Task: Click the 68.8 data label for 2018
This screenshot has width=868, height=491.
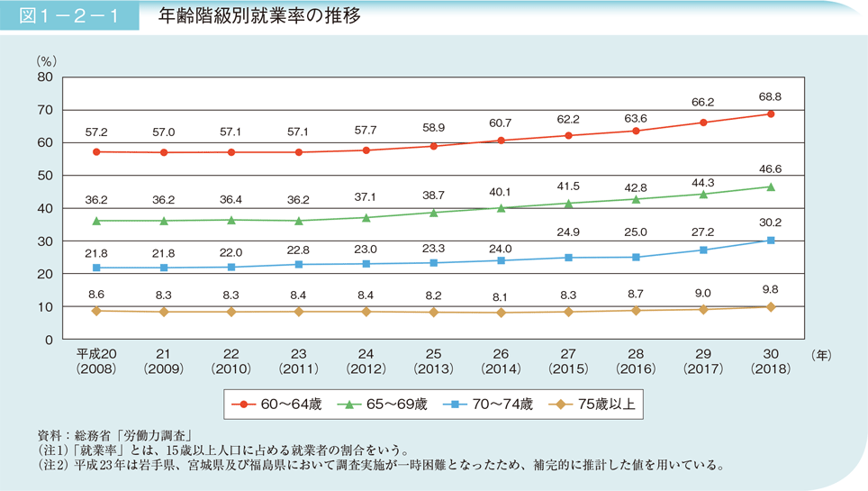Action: (771, 96)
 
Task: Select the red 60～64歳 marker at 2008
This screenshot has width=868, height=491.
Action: (95, 152)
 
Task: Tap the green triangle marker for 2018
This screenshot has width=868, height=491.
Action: (771, 186)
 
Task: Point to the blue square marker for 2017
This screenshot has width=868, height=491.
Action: (703, 250)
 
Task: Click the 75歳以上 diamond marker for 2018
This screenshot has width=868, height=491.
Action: (771, 307)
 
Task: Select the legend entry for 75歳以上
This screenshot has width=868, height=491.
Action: (594, 405)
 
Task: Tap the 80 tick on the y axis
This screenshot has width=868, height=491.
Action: (45, 77)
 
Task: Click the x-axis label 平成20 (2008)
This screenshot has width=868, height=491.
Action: (95, 361)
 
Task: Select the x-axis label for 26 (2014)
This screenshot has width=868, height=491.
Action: (501, 361)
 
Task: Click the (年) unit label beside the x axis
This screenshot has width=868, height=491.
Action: (822, 355)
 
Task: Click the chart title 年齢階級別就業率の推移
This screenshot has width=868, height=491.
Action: (258, 15)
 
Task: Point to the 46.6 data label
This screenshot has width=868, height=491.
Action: (771, 168)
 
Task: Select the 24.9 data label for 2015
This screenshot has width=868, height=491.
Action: (568, 232)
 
